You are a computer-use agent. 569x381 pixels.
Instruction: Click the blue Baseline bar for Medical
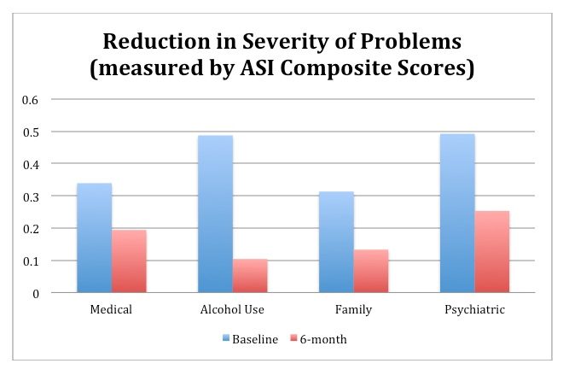[x=94, y=238]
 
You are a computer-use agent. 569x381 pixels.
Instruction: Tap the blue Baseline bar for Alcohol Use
[x=215, y=214]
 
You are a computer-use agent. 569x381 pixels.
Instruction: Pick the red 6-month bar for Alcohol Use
[x=250, y=276]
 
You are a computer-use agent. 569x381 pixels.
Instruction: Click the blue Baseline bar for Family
[x=336, y=243]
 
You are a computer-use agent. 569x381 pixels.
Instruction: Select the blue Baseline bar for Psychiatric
[x=457, y=214]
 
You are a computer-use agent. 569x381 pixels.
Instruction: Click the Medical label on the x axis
[x=111, y=309]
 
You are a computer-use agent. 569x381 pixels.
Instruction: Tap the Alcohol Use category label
[x=232, y=309]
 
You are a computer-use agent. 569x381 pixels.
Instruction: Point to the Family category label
[x=353, y=309]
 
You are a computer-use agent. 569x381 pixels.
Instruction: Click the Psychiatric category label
[x=475, y=309]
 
